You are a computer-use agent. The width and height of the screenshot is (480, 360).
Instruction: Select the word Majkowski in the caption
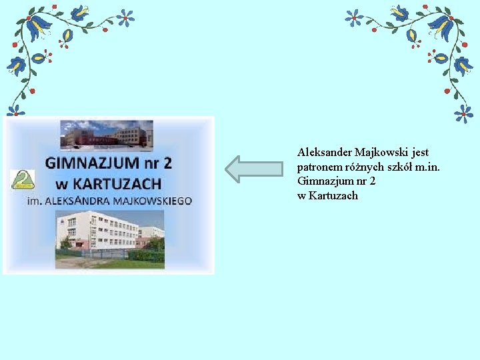[382, 153]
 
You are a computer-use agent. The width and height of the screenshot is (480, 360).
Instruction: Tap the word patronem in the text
[319, 167]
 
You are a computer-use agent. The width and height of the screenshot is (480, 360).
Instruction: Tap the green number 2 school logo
[23, 180]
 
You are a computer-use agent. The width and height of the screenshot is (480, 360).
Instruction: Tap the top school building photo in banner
[107, 134]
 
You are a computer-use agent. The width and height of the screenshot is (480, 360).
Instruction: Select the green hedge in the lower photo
[147, 254]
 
